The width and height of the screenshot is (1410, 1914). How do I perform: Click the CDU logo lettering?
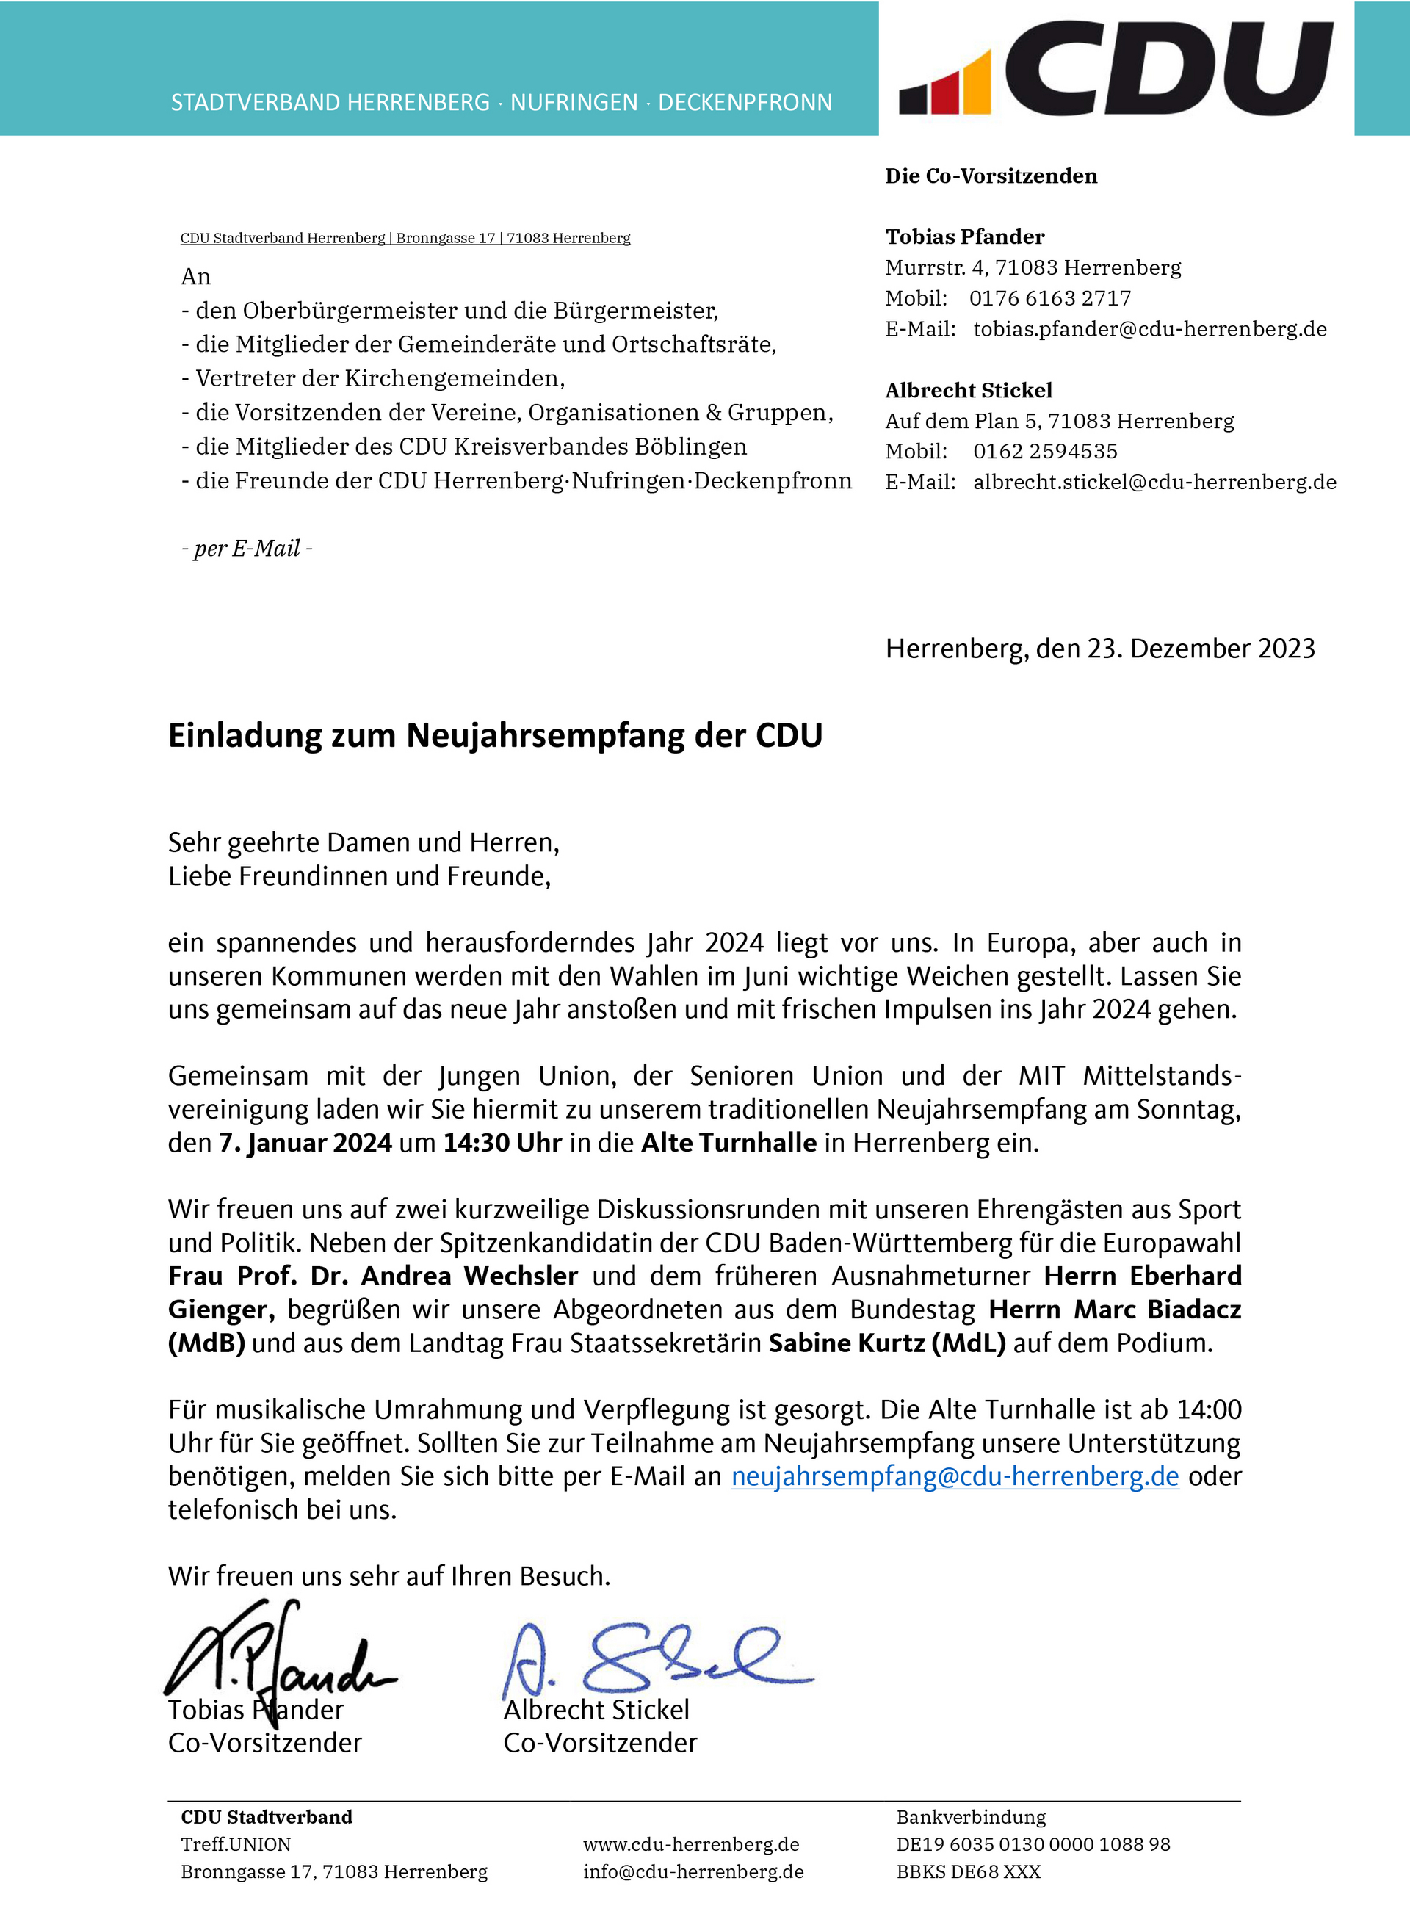pos(1168,68)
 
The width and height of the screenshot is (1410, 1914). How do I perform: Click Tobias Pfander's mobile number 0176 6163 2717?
pos(1050,298)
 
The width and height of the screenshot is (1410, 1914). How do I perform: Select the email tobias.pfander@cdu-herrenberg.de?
pos(1150,329)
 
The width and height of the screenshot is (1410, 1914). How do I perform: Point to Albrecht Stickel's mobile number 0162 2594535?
pos(1045,451)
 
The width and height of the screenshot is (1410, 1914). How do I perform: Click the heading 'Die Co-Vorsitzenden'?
pos(991,176)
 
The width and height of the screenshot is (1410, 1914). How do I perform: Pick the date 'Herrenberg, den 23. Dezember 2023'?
pos(1100,649)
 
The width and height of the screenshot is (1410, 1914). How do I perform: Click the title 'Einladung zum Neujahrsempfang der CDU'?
pos(495,736)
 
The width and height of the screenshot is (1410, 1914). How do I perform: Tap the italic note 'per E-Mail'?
pos(247,548)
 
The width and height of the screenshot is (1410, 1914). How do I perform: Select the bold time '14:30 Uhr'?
pos(502,1142)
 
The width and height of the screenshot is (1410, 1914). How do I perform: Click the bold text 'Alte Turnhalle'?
pos(729,1142)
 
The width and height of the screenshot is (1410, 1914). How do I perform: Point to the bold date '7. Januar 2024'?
pos(305,1142)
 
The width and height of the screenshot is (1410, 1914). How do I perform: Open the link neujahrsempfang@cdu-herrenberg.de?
pos(955,1476)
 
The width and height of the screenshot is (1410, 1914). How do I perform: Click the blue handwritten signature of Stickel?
pos(657,1661)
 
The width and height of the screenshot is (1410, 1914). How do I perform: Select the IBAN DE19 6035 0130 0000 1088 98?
pos(1033,1844)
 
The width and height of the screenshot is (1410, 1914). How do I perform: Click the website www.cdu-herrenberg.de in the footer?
pos(691,1844)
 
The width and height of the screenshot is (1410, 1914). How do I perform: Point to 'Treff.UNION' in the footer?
pos(236,1844)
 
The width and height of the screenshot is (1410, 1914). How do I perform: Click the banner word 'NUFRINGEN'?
pos(574,102)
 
